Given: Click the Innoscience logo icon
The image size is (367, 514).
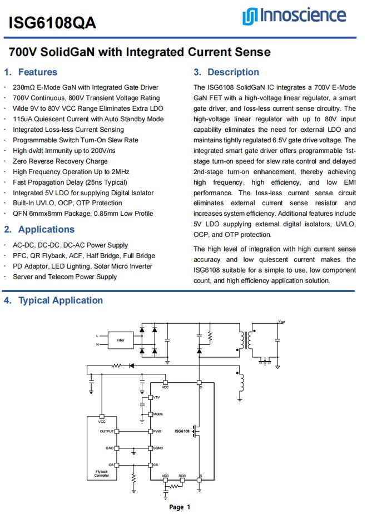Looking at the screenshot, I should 249,17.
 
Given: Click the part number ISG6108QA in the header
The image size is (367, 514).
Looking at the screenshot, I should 52,22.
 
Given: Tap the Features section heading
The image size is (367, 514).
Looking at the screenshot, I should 37,72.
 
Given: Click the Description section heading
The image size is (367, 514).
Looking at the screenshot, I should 233,72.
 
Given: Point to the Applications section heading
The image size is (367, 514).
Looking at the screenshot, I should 46,230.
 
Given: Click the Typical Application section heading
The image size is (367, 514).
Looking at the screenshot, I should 61,301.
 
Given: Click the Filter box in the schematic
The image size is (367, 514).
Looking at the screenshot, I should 120,339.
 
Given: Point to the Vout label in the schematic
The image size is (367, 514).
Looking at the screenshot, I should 281,322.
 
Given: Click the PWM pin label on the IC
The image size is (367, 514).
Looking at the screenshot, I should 157,432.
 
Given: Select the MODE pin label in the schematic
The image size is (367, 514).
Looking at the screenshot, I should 158,414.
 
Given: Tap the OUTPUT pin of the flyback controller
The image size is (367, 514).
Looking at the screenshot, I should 107,432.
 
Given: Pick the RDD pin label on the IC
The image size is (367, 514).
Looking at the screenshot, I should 182,477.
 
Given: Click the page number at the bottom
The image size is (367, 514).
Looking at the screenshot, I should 180,507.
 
